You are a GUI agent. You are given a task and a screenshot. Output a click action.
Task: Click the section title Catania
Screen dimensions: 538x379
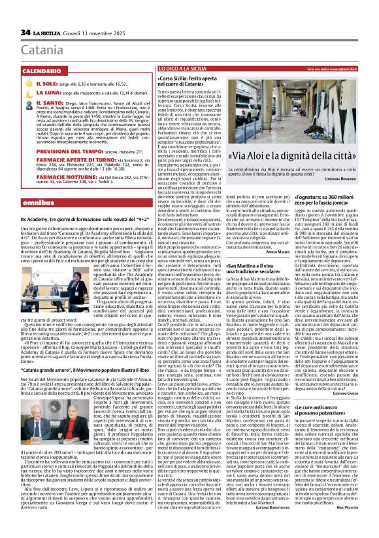point(42,50)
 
